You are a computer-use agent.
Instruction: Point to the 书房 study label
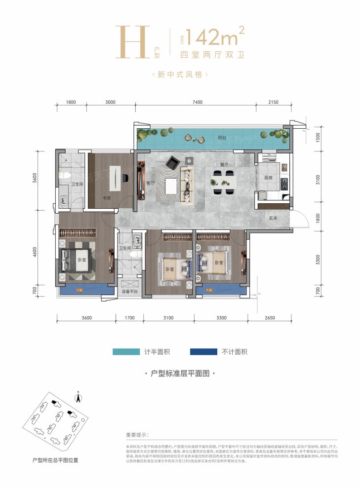(107, 199)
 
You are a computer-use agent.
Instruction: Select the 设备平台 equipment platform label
(130, 292)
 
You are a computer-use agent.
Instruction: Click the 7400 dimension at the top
(197, 102)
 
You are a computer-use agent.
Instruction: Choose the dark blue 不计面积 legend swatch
(203, 352)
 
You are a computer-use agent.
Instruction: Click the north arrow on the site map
(78, 396)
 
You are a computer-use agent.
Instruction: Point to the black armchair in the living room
(173, 161)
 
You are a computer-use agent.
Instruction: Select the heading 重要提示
(137, 435)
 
